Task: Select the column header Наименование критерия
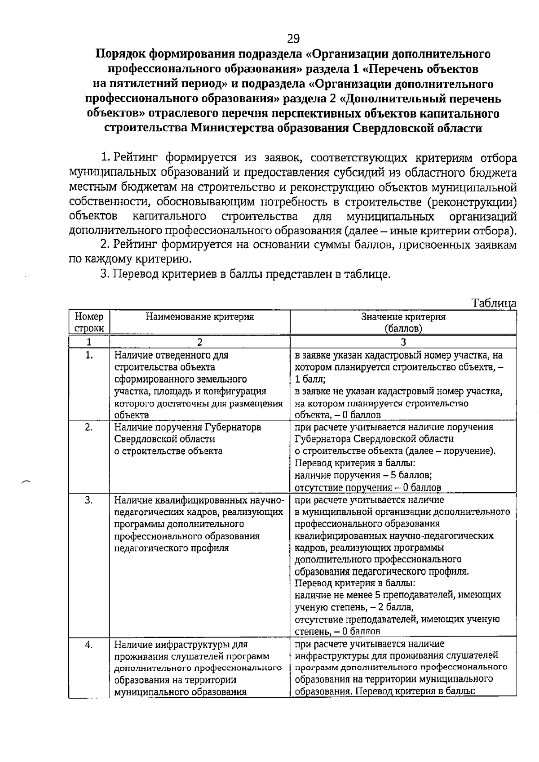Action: point(200,316)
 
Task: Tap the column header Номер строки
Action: point(89,322)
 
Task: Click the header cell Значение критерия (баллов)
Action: point(403,322)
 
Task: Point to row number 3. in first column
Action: point(89,500)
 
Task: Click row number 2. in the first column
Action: point(89,427)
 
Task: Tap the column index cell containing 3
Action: point(403,342)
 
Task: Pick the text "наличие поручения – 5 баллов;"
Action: point(363,475)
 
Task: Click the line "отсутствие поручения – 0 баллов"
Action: point(367,487)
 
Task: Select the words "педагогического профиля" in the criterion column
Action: point(171,548)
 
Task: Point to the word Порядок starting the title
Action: point(120,54)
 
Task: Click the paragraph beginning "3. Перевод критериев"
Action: point(245,274)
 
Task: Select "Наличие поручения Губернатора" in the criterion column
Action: point(187,427)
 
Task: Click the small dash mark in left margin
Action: point(25,482)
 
